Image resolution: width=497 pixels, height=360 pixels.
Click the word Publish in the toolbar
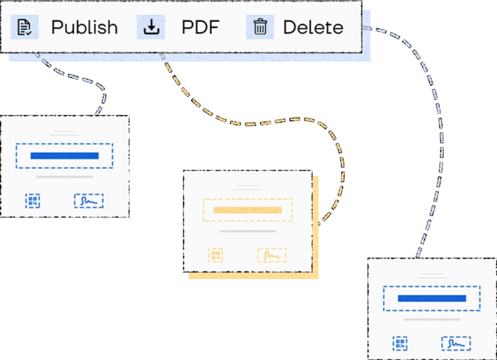(84, 27)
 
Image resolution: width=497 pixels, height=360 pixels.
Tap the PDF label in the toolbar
(200, 27)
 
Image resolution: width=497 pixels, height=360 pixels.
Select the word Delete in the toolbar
(313, 27)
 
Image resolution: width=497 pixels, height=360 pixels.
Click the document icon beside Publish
(24, 27)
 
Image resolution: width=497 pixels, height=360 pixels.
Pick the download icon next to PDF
(151, 27)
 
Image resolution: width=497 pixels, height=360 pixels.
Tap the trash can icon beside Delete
(260, 27)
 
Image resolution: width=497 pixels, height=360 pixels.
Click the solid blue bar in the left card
(65, 156)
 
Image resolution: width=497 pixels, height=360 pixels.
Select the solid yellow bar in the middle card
(247, 210)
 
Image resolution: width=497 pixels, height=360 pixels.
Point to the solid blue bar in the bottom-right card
(432, 299)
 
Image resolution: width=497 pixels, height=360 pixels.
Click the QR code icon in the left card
(33, 201)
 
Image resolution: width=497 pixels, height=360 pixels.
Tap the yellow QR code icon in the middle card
(216, 255)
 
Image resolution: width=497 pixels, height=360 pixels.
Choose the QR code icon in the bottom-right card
(400, 344)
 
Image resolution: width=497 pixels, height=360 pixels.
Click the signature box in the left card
(88, 201)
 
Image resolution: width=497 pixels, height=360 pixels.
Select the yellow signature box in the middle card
(271, 255)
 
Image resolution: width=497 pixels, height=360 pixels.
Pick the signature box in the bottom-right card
(456, 344)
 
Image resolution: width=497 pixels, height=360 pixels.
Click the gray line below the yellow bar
(247, 231)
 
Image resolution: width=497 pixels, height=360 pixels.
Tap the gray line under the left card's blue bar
(65, 177)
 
